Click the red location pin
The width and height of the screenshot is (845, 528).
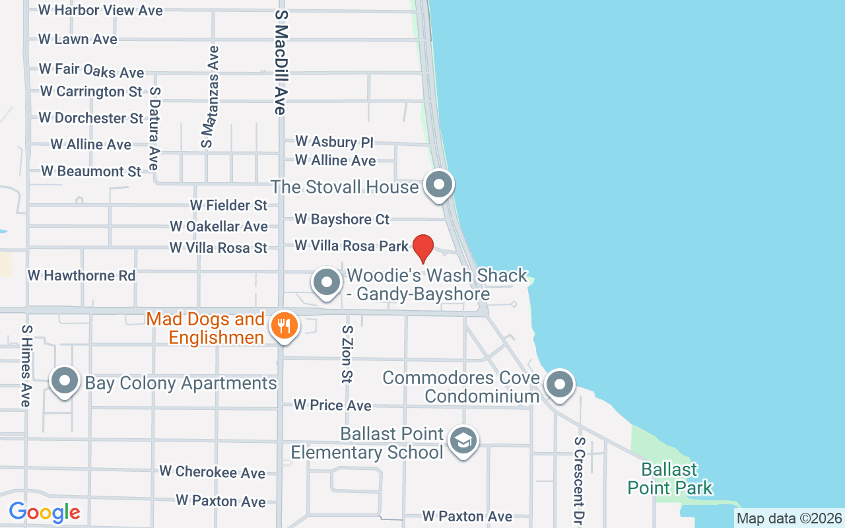coord(422,248)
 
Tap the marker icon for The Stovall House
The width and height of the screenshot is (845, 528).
coord(438,184)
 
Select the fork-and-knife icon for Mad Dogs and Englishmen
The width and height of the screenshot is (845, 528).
coord(284,325)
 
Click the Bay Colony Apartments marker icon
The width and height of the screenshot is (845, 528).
coord(65,381)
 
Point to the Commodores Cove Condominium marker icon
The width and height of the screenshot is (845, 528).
coord(560,383)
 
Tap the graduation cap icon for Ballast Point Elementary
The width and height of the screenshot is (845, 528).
coord(463,441)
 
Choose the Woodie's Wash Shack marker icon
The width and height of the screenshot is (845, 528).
coord(325,282)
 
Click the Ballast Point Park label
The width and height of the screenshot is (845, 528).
coord(670,479)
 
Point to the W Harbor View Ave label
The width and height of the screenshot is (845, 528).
coord(100,11)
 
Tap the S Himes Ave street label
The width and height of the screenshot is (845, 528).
coord(26,366)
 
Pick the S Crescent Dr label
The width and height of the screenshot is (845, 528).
coord(579,480)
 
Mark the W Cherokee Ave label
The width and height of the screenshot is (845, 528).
coord(212,472)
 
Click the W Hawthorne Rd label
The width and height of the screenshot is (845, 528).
coord(81,275)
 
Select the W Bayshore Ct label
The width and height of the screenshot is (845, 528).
coord(342,219)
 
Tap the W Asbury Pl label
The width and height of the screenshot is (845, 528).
coord(334,141)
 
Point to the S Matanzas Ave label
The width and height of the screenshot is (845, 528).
coord(210,96)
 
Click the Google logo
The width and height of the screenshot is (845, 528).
coord(44,512)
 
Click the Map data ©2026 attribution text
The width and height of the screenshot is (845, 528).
coord(789,518)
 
